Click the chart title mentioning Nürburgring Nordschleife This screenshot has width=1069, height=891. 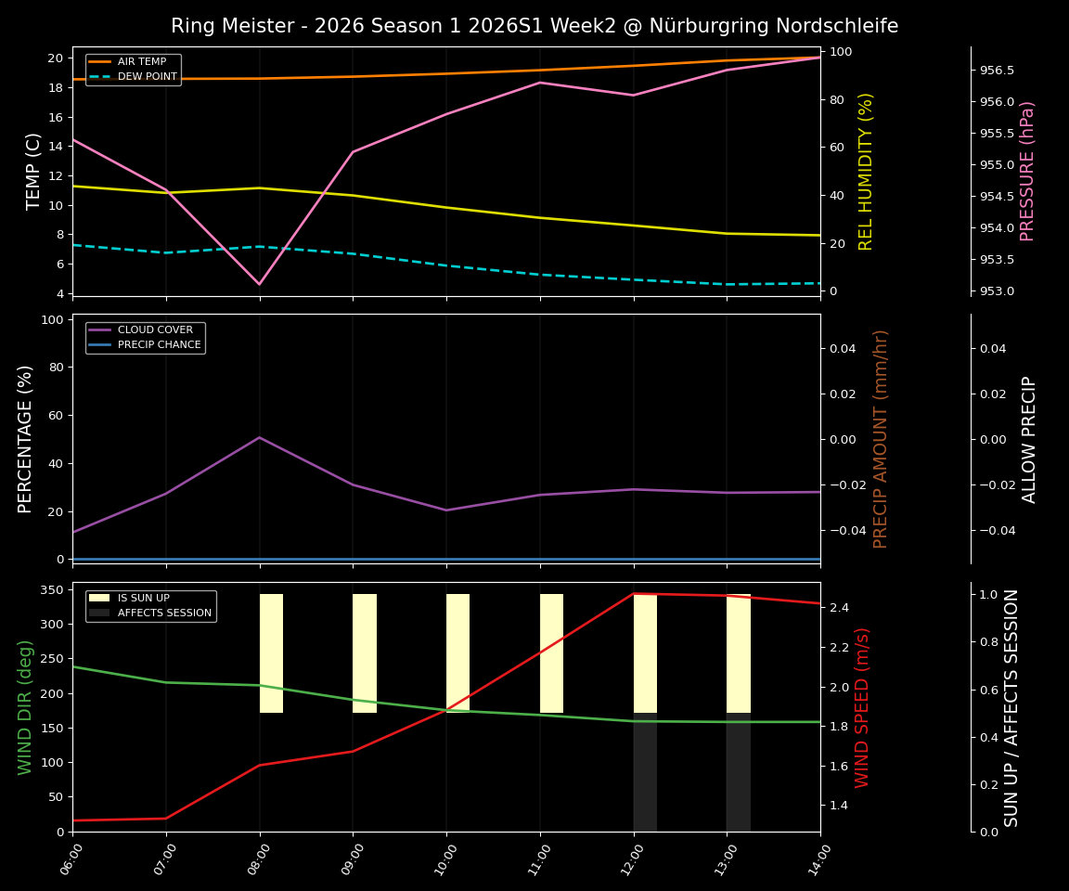pos(534,26)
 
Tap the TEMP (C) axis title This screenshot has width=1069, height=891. pos(34,172)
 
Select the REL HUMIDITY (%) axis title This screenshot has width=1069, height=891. pos(867,172)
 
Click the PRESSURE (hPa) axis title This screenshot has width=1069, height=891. pos(1027,172)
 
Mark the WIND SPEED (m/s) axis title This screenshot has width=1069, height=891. pos(863,707)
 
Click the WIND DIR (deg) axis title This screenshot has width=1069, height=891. pos(26,707)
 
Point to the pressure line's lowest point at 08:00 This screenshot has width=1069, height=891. pos(260,284)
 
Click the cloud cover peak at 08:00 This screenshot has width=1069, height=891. pos(260,437)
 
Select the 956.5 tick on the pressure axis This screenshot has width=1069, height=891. pos(997,71)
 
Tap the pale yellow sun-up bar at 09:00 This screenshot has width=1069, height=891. pos(365,653)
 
